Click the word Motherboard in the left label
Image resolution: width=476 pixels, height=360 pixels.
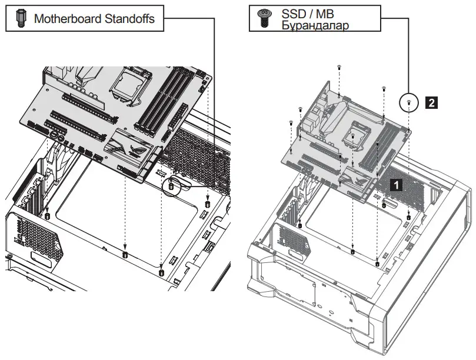point(66,18)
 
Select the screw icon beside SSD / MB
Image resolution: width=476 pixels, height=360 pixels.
point(264,19)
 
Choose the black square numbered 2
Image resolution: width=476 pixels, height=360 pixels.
point(431,103)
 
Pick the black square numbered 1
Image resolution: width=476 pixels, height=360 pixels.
point(397,184)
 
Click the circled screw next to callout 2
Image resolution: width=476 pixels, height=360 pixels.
point(409,103)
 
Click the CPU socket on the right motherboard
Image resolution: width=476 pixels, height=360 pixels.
point(357,135)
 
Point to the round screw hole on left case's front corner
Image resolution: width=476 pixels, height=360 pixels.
point(9,258)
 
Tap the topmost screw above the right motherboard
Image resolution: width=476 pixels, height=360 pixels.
point(339,69)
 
